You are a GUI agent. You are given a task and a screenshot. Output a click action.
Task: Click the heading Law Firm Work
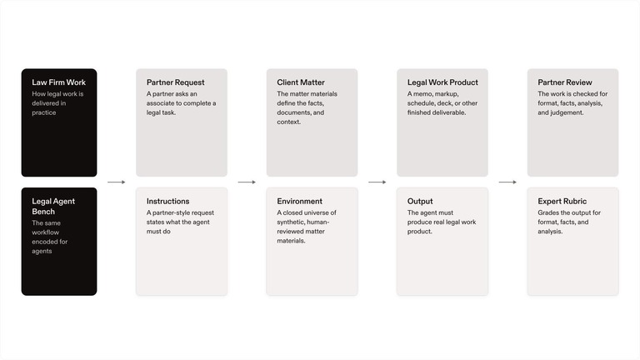59,82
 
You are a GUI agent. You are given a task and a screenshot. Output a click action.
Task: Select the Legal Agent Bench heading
53,207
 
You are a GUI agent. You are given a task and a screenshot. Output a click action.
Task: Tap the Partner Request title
176,82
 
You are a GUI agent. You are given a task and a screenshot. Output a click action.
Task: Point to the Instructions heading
167,201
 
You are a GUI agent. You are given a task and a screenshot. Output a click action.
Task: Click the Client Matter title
301,82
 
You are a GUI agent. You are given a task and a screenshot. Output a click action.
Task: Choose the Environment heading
300,201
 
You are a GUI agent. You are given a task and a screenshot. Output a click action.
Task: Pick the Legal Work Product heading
442,82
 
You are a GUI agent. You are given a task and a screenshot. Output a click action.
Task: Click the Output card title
420,201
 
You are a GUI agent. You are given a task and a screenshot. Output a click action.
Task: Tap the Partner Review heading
564,82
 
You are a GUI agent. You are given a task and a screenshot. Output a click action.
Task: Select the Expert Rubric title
562,201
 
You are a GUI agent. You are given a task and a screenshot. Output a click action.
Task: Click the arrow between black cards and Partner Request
117,182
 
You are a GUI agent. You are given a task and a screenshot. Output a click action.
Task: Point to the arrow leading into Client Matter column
247,182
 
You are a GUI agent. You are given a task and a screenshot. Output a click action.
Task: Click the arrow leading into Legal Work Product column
377,182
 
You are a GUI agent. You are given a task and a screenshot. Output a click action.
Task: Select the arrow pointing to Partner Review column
507,182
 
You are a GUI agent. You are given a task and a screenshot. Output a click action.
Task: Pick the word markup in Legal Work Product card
447,94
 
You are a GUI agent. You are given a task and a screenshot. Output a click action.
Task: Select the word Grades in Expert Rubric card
548,212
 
